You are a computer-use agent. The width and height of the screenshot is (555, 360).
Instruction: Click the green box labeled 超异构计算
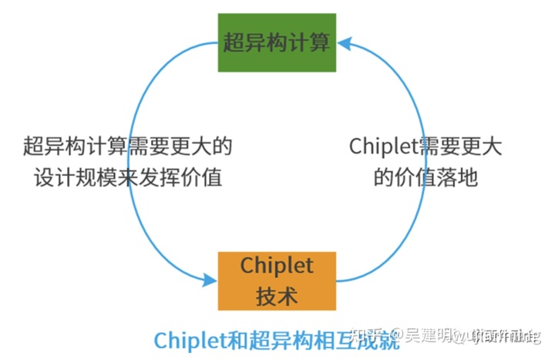(277, 42)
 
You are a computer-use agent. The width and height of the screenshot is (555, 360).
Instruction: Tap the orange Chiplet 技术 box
(277, 281)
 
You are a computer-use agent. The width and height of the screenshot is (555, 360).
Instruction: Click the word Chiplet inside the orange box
(277, 265)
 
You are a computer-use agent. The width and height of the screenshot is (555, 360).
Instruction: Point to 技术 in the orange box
(277, 295)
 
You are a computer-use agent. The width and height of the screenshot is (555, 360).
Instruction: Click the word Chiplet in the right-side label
(383, 146)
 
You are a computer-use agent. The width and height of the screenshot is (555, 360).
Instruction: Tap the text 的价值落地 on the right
(425, 177)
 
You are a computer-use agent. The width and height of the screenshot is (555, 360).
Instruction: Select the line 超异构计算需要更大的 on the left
(128, 146)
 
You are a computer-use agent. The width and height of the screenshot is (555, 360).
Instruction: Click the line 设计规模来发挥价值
(128, 177)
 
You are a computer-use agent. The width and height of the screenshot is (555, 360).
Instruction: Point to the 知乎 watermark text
(366, 337)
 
